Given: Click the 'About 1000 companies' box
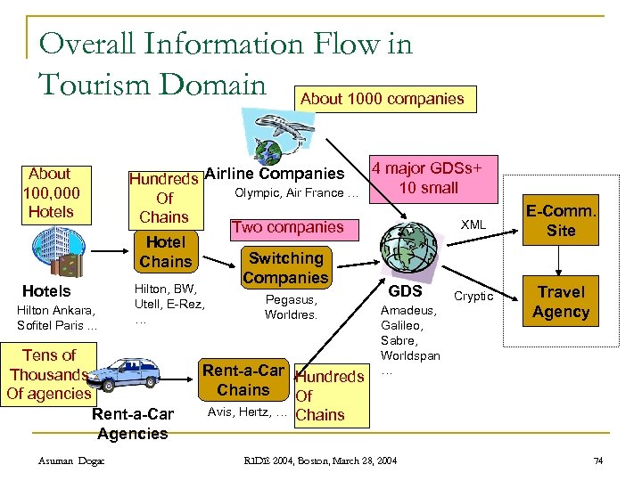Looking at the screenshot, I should (x=383, y=99).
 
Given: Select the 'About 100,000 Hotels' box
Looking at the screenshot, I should (x=51, y=192).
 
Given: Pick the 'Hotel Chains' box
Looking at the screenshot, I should (x=167, y=251).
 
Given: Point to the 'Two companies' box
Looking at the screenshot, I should (x=288, y=227).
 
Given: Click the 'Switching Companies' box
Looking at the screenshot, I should (x=286, y=267).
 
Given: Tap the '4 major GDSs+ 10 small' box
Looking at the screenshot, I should (x=428, y=177).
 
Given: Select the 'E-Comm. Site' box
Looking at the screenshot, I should (x=562, y=220).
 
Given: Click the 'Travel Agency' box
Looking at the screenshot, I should (x=561, y=302).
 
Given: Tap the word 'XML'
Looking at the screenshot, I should (x=473, y=225).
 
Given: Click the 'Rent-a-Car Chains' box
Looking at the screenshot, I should (x=243, y=380).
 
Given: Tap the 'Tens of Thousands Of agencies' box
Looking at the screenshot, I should (x=49, y=374).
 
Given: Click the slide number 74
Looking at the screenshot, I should (x=598, y=460).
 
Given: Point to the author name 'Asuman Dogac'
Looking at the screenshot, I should (x=72, y=460).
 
